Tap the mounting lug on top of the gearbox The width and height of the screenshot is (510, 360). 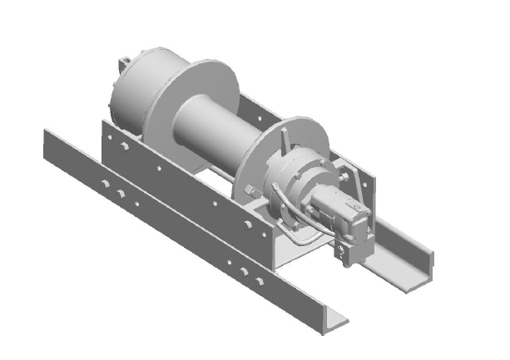click(x=124, y=62)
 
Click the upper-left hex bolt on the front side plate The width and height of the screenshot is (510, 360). click(x=121, y=148)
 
